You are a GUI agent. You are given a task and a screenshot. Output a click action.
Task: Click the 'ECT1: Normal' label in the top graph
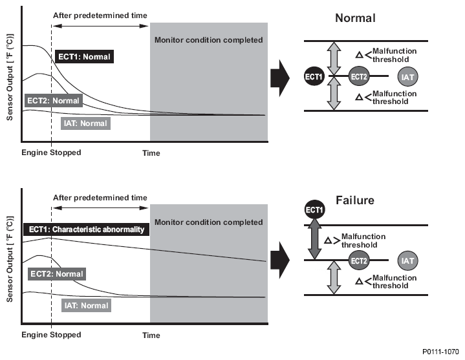[x=84, y=57]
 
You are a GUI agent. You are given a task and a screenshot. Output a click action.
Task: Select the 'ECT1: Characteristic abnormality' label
[x=86, y=229]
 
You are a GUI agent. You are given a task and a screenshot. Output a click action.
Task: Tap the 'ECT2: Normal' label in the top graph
[x=54, y=101]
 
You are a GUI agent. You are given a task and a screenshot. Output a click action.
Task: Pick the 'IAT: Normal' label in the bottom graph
[x=86, y=306]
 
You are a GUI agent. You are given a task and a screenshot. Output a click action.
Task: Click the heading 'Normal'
[x=355, y=18]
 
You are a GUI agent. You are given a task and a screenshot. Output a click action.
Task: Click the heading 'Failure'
[x=355, y=200]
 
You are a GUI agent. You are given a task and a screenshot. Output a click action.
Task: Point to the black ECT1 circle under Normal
[x=314, y=76]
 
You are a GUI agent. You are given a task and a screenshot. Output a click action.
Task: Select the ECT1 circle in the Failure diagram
[x=315, y=210]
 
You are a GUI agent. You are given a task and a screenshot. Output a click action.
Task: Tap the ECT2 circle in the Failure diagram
[x=359, y=260]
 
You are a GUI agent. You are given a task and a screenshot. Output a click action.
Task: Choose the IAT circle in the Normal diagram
[x=407, y=77]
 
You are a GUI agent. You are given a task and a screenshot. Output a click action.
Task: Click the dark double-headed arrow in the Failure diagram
[x=315, y=238]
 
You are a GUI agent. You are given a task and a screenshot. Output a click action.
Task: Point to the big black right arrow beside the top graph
[x=280, y=78]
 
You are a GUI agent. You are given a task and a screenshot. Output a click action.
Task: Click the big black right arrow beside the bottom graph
[x=280, y=260]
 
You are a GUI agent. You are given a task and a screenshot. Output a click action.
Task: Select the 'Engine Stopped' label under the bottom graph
[x=51, y=335]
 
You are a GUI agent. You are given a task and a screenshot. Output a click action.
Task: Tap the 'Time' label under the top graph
[x=151, y=153]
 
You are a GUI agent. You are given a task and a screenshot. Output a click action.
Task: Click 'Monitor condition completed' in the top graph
[x=208, y=40]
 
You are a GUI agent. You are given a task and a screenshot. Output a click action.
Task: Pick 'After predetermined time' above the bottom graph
[x=100, y=198]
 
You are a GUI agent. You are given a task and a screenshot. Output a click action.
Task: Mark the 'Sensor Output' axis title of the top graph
[x=10, y=78]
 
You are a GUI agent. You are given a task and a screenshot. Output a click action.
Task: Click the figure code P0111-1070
[x=440, y=352]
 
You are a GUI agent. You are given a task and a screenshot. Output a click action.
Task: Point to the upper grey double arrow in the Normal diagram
[x=334, y=58]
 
